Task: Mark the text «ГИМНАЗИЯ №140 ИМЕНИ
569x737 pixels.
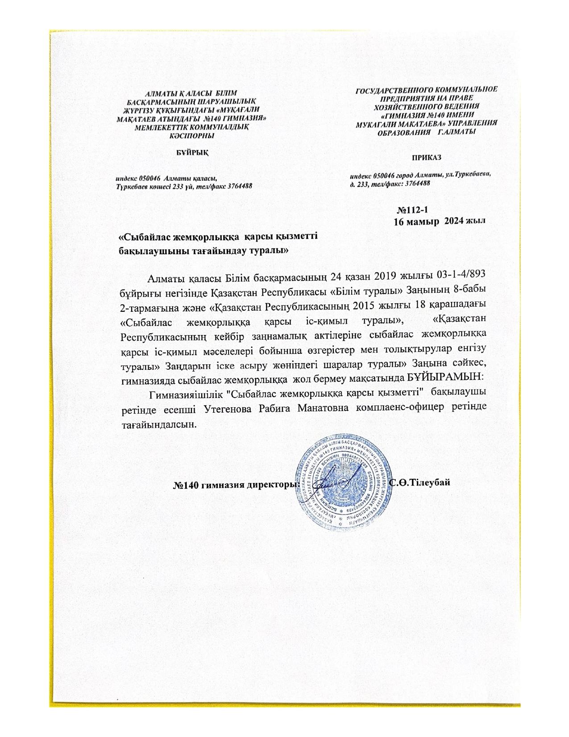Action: [426, 115]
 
